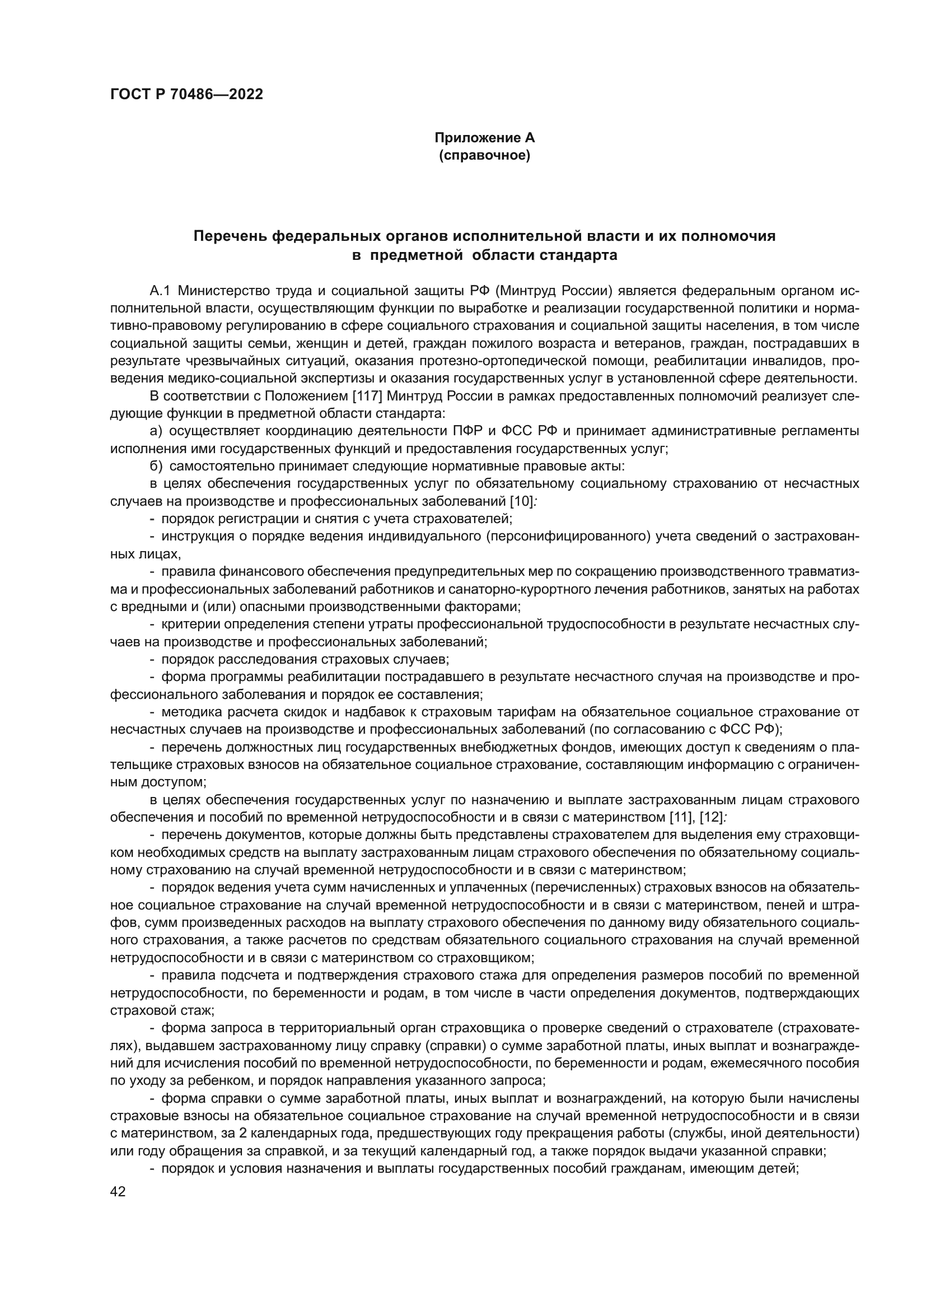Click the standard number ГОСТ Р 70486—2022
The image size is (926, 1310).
pos(186,95)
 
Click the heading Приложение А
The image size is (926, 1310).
pos(485,138)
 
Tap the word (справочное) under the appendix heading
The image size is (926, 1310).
pos(485,155)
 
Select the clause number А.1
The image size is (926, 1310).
pos(160,291)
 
